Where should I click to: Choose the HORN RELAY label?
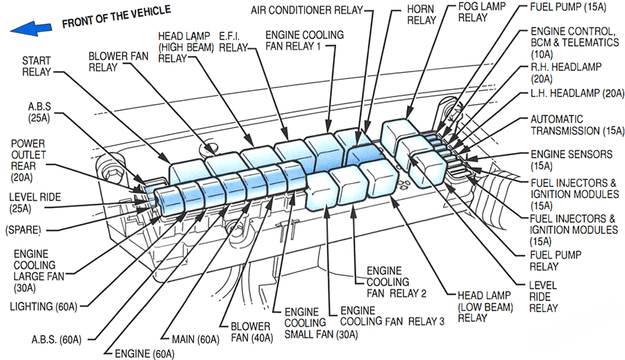pyautogui.click(x=422, y=14)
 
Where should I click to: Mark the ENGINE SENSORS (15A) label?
pyautogui.click(x=572, y=160)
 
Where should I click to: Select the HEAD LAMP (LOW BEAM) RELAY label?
pyautogui.click(x=485, y=306)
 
